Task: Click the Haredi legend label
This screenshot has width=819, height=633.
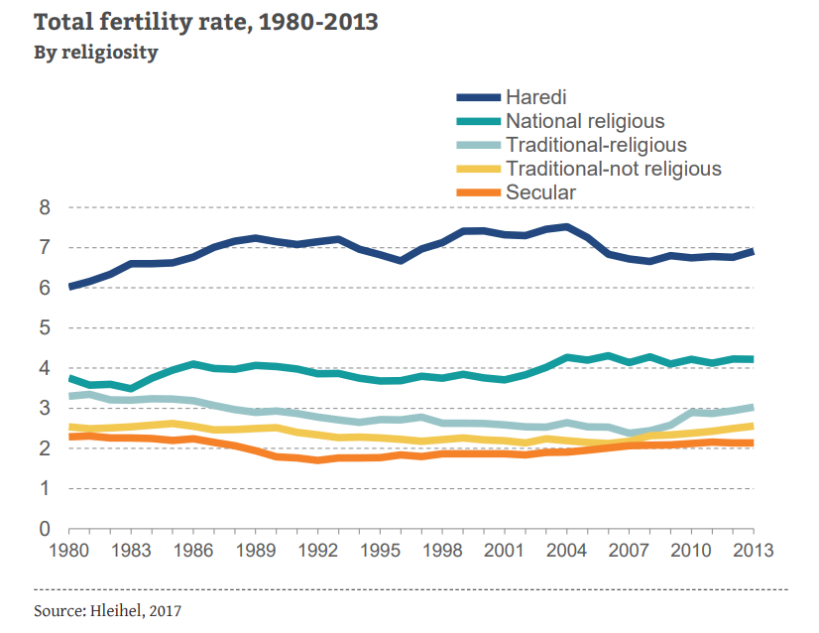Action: (x=535, y=97)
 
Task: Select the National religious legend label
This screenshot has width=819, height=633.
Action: (x=585, y=121)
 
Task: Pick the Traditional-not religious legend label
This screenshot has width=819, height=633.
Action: (x=613, y=169)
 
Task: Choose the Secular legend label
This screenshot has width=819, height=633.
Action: (x=540, y=192)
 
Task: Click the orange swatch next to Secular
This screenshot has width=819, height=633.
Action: (x=478, y=192)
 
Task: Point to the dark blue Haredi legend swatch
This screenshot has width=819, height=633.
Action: (x=478, y=97)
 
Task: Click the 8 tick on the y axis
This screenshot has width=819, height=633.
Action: (x=45, y=207)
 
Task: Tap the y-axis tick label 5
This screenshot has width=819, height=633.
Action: (x=45, y=328)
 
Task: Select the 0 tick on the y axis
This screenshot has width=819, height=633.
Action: (x=45, y=529)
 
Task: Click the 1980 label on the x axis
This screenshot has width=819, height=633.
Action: (x=68, y=550)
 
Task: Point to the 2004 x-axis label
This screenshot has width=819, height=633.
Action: (x=566, y=550)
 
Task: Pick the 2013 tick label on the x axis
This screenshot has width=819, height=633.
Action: (x=753, y=550)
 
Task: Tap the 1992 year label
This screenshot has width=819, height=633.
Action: (x=317, y=550)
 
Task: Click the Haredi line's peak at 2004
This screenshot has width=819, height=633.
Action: (x=566, y=227)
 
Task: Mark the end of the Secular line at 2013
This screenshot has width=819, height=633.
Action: (x=753, y=443)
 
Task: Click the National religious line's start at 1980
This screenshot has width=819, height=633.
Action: (x=69, y=378)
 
